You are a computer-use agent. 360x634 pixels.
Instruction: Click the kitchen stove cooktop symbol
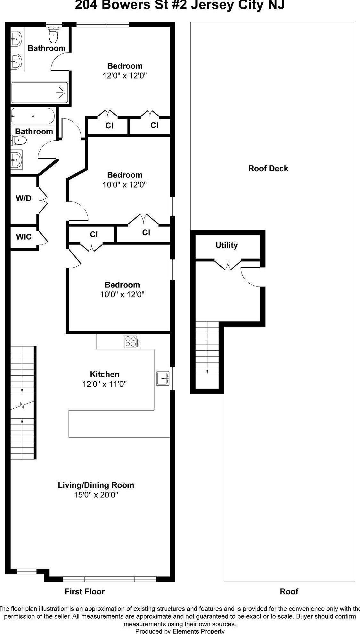132,341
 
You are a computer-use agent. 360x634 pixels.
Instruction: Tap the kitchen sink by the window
163,379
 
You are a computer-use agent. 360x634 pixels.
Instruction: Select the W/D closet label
24,198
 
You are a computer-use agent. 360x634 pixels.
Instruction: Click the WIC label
24,237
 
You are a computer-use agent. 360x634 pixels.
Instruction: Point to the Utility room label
226,245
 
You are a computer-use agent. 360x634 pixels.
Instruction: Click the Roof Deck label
268,169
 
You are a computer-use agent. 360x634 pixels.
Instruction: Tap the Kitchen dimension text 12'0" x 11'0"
104,384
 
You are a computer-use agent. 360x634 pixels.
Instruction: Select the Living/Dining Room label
96,485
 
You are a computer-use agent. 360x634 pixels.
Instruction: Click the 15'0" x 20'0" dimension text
96,495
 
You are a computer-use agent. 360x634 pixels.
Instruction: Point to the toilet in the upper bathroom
53,35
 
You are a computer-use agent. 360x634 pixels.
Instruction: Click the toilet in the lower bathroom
18,140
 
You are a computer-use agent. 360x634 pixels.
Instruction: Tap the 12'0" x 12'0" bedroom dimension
125,76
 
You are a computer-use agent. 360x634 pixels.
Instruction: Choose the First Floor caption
85,592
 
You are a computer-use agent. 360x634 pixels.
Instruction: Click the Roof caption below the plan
289,592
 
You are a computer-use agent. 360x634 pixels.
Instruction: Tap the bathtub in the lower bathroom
33,116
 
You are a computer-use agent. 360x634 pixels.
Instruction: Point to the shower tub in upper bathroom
40,92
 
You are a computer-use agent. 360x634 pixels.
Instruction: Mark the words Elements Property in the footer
199,631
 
